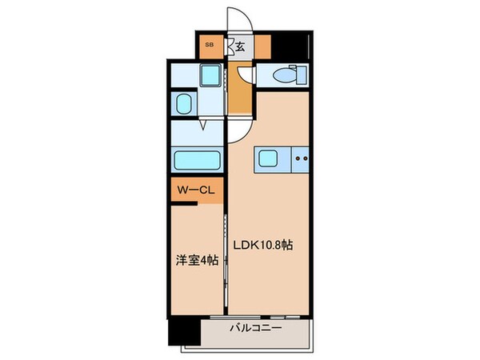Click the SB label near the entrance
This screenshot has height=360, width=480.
coord(210,45)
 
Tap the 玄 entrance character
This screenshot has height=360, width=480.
coord(239,46)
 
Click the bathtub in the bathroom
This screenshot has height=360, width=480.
coord(195,159)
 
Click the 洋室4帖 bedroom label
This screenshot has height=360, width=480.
coord(196,260)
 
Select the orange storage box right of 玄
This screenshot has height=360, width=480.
coord(262,46)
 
